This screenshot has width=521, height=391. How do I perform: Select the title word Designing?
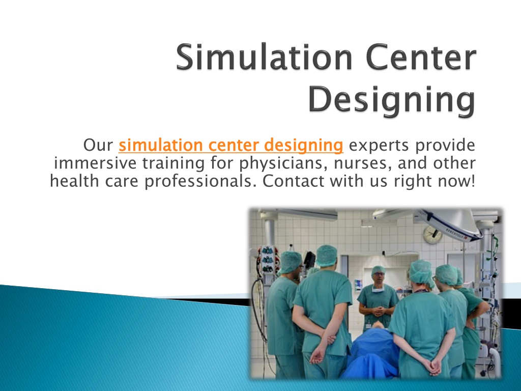pyautogui.click(x=392, y=101)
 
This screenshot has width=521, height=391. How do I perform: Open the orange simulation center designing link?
pyautogui.click(x=231, y=146)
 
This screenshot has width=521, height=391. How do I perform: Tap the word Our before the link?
pyautogui.click(x=98, y=146)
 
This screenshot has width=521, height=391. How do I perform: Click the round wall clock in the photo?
pyautogui.click(x=432, y=234)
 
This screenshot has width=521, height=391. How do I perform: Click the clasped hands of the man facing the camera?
pyautogui.click(x=378, y=312)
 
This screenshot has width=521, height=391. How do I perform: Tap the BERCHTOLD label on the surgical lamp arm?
pyautogui.click(x=459, y=230)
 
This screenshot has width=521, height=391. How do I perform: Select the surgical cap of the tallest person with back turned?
pyautogui.click(x=326, y=255)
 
